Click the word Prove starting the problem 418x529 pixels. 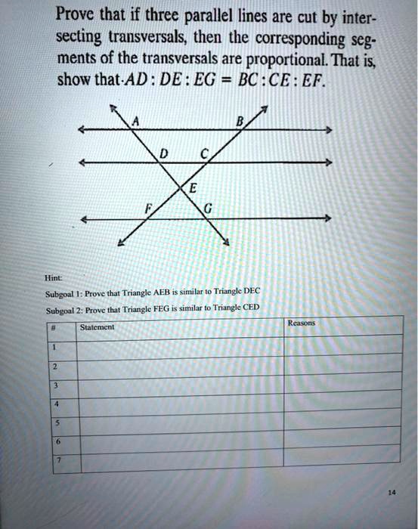(x=77, y=15)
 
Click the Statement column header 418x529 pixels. (x=97, y=327)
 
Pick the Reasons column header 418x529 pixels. (x=300, y=323)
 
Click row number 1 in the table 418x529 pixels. (x=55, y=346)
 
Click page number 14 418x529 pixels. (x=391, y=492)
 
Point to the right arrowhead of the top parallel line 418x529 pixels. (x=327, y=131)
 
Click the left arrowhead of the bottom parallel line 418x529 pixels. (x=85, y=220)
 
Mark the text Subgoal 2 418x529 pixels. (x=62, y=310)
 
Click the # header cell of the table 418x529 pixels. (x=55, y=326)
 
